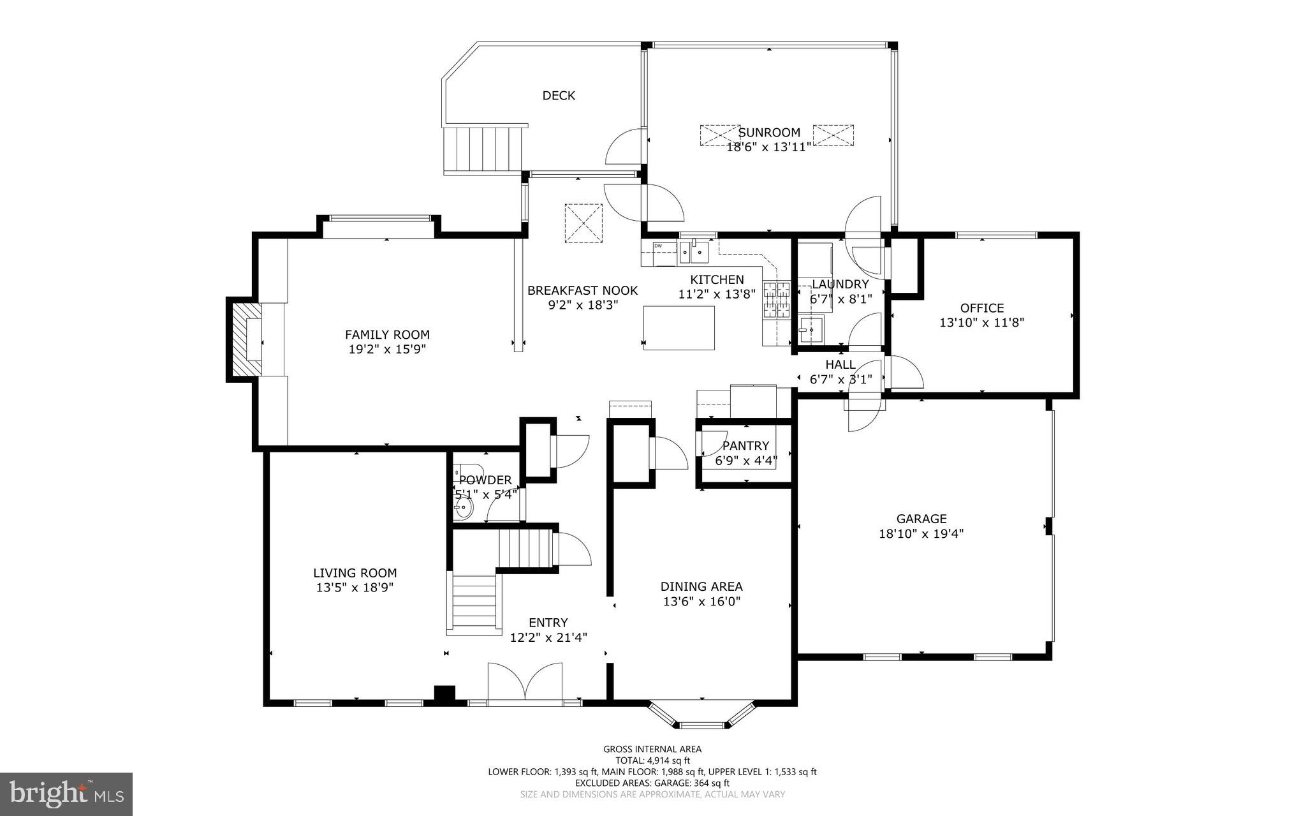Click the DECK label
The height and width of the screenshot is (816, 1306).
[559, 96]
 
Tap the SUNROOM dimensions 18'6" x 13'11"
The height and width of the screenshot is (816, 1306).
[768, 147]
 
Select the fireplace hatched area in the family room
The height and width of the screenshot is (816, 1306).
[246, 339]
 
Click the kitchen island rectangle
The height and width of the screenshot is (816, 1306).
[679, 328]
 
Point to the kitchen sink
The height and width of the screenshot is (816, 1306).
[694, 253]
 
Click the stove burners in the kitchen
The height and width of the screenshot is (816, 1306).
[777, 300]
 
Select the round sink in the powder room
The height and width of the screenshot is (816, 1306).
[464, 509]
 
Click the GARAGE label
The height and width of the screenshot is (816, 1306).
[921, 519]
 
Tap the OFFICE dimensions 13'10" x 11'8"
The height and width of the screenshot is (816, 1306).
[981, 323]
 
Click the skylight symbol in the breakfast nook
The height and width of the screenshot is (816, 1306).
[583, 223]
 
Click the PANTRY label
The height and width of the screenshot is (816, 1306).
[745, 446]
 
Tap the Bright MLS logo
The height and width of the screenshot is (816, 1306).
[66, 793]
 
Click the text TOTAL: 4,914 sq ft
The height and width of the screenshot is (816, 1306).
[652, 760]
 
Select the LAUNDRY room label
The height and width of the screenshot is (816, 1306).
[840, 285]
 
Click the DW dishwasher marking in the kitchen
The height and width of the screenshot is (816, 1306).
[657, 246]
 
